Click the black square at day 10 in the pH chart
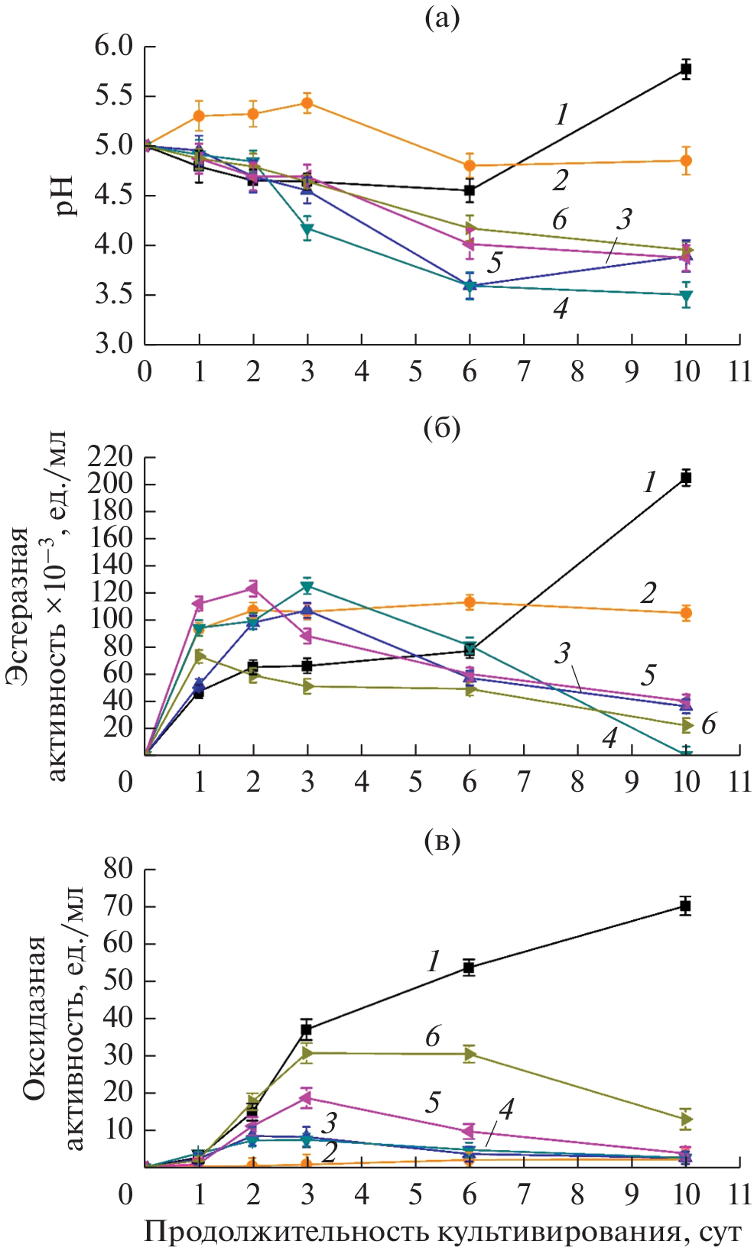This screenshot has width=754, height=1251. (686, 70)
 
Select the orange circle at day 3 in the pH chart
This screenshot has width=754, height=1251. (307, 103)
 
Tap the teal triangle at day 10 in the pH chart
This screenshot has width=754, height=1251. (686, 296)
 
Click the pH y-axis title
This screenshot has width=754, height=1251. (67, 196)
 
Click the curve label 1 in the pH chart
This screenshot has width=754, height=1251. (562, 115)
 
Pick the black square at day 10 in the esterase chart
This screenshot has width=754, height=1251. (686, 478)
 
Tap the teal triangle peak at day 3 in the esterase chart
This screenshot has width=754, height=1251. (307, 586)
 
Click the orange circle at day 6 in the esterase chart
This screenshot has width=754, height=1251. (470, 602)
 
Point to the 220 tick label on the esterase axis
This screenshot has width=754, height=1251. (110, 458)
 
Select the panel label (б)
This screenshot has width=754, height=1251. (442, 429)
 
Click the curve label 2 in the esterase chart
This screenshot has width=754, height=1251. (648, 593)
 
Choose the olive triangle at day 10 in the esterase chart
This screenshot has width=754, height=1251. (687, 726)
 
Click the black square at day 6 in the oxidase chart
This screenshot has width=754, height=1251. (469, 967)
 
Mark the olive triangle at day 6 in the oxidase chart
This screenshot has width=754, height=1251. (470, 1055)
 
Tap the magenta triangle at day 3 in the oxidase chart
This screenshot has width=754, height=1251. (307, 1099)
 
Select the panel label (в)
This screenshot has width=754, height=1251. (442, 841)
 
